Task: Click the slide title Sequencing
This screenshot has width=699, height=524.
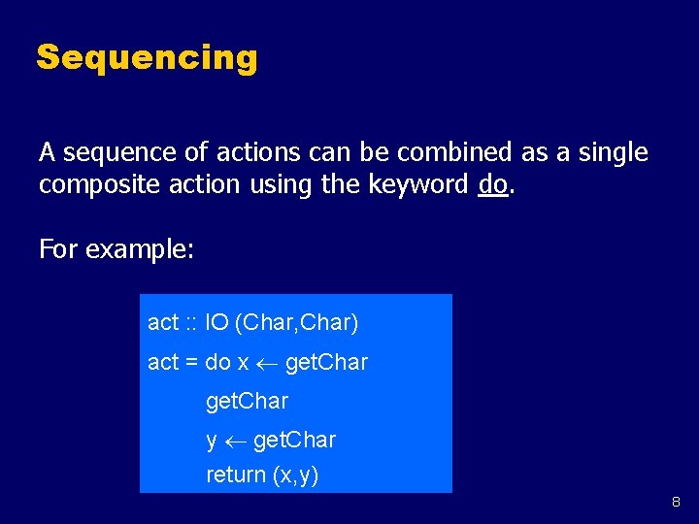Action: coord(147,58)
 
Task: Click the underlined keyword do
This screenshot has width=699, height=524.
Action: coord(492,184)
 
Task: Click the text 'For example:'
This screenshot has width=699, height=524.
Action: coord(116,249)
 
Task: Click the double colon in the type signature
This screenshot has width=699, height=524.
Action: coord(192,321)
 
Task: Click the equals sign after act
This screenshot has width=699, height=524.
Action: coord(191,363)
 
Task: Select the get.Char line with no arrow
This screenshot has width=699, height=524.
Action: coord(247,401)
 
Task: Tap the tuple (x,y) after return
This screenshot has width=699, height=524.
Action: coord(295,475)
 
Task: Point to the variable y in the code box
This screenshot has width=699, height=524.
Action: coord(212,442)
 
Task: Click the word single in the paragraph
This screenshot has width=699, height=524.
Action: coord(614,152)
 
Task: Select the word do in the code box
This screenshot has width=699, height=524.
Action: coord(217,363)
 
